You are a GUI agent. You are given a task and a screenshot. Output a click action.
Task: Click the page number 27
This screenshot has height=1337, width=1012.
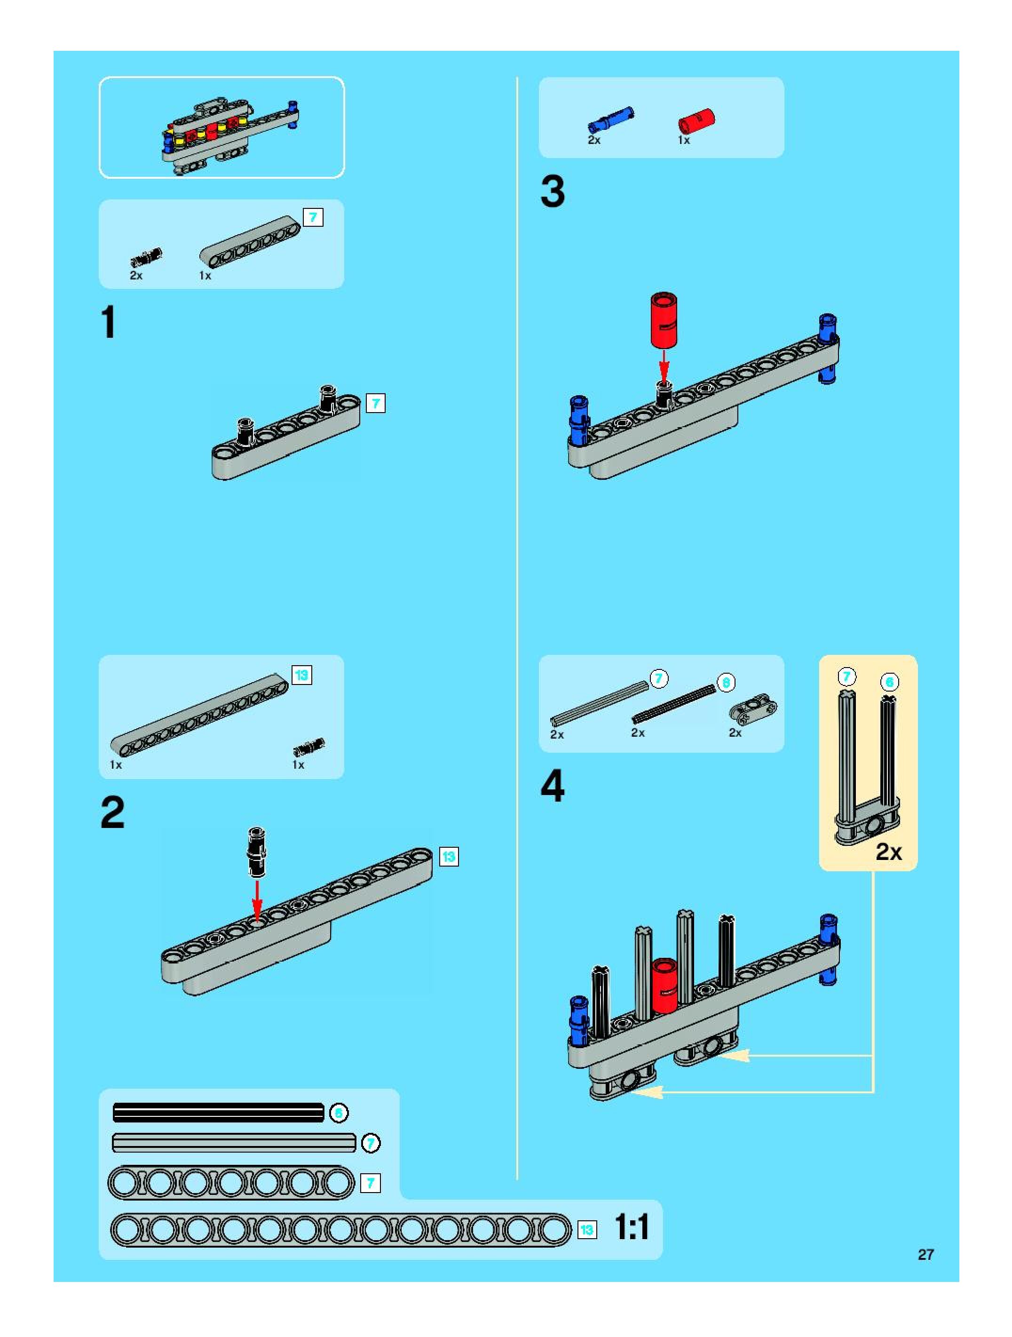[x=925, y=1255]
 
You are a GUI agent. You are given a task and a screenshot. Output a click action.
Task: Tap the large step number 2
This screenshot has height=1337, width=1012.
[x=112, y=812]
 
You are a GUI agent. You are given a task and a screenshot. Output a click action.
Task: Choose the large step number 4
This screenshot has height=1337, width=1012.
[x=552, y=787]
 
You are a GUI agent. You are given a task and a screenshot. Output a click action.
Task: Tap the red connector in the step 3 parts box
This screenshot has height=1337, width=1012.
[x=696, y=120]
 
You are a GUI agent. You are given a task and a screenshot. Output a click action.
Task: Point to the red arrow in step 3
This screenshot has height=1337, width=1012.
[x=664, y=365]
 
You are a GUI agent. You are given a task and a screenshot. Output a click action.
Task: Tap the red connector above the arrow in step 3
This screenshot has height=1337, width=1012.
[x=664, y=320]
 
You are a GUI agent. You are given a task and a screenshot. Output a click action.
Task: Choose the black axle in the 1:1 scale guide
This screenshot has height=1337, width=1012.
[x=219, y=1112]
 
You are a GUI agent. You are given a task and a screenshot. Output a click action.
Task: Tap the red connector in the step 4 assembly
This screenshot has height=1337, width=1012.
[x=664, y=979]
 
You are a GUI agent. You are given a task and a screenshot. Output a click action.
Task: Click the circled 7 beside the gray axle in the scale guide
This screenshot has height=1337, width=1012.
[x=371, y=1143]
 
